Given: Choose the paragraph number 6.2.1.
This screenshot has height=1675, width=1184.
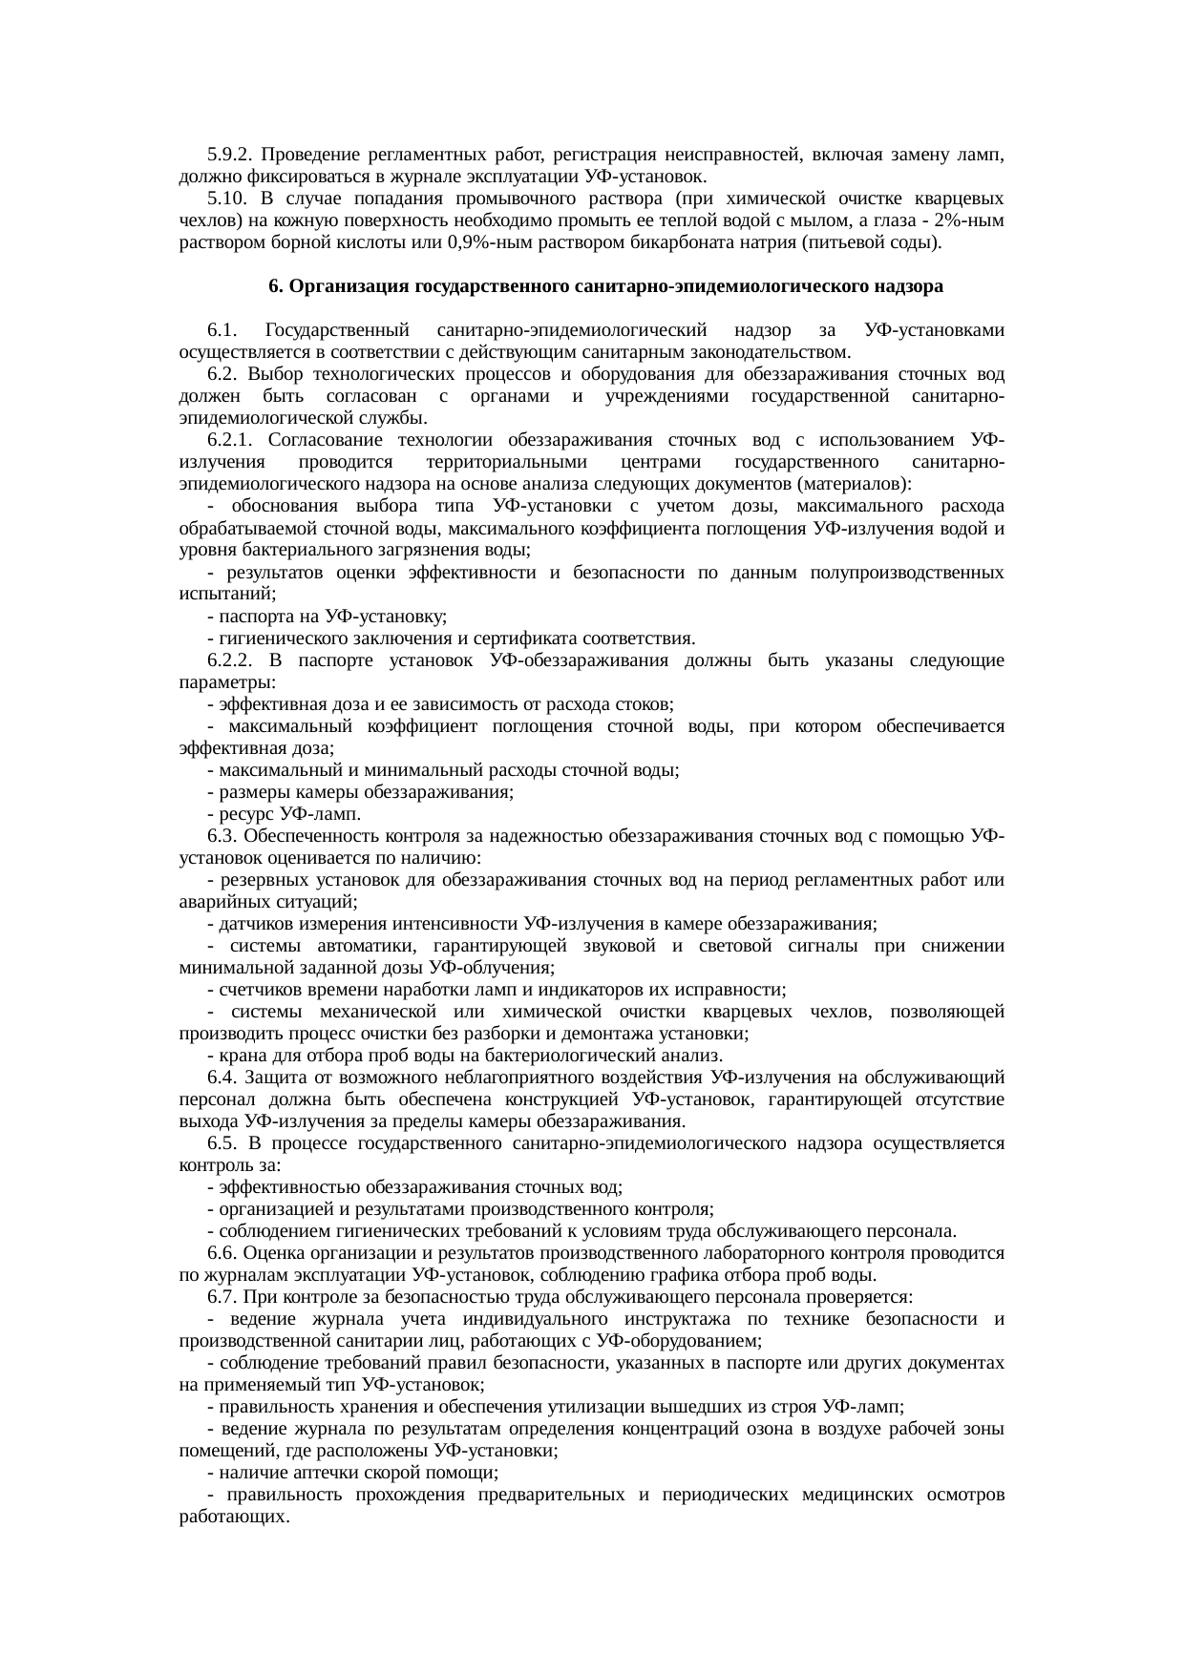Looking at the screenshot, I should pyautogui.click(x=232, y=440).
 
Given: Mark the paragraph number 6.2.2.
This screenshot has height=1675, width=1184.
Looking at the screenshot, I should pyautogui.click(x=232, y=660).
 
